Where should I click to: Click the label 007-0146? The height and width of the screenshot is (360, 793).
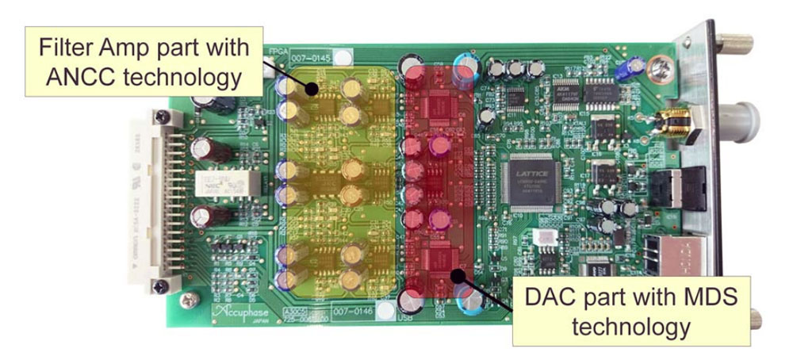pos(352,310)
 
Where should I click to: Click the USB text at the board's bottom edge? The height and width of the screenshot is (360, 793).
pos(402,319)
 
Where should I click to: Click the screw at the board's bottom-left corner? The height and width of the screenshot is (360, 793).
pos(189,301)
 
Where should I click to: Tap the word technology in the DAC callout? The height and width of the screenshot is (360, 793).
pos(623,326)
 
